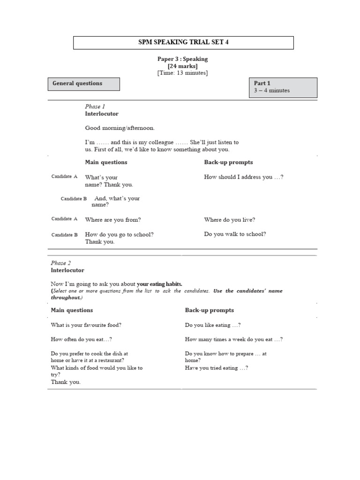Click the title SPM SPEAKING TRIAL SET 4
click(183, 43)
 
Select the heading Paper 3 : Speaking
click(182, 59)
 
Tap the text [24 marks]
click(182, 66)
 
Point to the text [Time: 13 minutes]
click(182, 73)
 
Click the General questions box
click(84, 84)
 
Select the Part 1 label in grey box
click(262, 83)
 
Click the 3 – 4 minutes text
click(272, 90)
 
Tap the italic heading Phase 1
click(95, 106)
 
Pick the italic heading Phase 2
click(61, 263)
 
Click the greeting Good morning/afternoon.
click(120, 127)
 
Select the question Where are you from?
click(113, 219)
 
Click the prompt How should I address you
click(244, 177)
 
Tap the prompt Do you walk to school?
click(235, 233)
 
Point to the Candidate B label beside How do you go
click(65, 235)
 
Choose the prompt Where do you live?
click(230, 219)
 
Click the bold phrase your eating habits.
click(159, 284)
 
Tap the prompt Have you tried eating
click(216, 368)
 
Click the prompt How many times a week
click(233, 339)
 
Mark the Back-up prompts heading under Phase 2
click(209, 310)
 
